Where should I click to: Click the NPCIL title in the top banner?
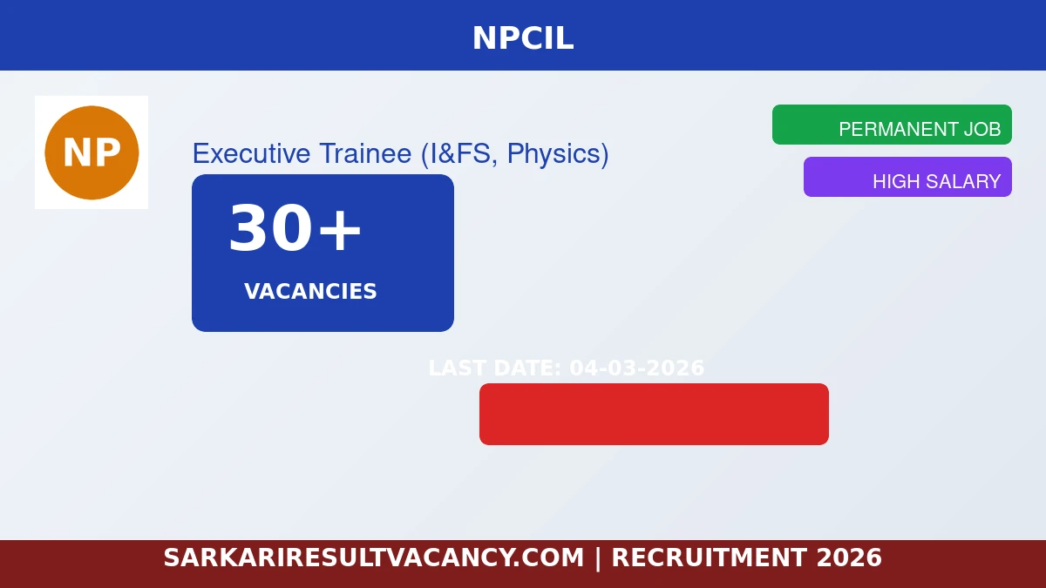click(x=523, y=38)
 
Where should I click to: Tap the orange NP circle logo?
click(x=92, y=152)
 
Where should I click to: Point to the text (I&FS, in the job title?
click(x=459, y=153)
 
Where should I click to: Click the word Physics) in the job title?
click(x=558, y=153)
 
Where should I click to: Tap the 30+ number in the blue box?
click(x=295, y=230)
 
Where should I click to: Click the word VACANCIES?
click(x=310, y=292)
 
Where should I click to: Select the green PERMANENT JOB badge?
click(x=892, y=125)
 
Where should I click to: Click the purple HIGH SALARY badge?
click(x=907, y=177)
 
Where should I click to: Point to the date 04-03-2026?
click(x=636, y=368)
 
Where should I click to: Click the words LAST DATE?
click(x=495, y=368)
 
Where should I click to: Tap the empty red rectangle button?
click(x=654, y=414)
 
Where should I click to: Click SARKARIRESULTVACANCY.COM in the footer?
click(x=373, y=558)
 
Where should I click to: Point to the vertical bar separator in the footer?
click(x=598, y=558)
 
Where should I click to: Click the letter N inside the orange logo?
click(x=76, y=153)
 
